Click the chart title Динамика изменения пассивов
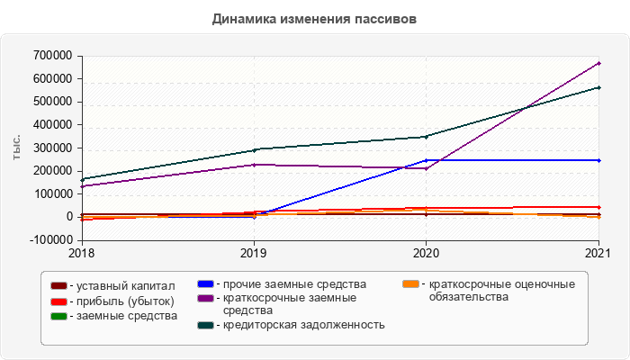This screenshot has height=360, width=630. (315, 19)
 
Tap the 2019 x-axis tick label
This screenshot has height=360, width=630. (254, 253)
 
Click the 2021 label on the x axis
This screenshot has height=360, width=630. (599, 253)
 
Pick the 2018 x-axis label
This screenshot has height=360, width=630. (82, 253)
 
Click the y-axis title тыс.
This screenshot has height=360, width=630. (16, 148)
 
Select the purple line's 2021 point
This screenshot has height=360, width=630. (599, 63)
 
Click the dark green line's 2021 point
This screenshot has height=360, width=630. (599, 87)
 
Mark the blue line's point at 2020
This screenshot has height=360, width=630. (427, 160)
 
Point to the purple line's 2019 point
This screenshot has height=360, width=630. (254, 164)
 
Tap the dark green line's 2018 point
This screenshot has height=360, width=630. (82, 179)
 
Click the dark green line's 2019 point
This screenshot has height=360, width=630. (254, 149)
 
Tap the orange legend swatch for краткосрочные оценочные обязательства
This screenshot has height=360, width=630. (410, 285)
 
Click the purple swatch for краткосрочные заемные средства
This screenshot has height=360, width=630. (204, 298)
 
